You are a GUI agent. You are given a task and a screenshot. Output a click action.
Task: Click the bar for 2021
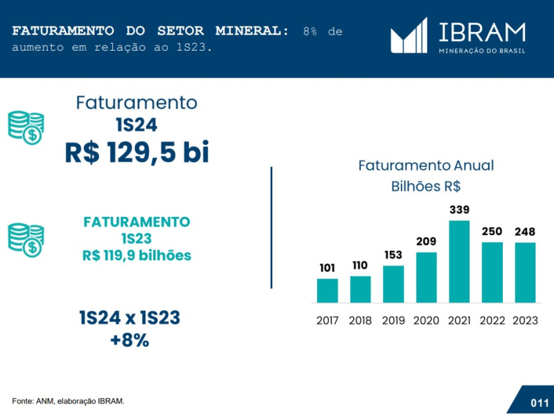459,261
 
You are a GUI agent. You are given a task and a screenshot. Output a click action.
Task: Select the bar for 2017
328,291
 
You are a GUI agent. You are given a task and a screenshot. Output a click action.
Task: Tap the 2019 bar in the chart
393,284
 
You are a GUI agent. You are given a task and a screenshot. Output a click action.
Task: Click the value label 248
524,232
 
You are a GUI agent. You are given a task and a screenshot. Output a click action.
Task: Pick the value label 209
426,241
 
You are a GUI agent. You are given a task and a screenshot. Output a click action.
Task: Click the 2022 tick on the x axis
492,320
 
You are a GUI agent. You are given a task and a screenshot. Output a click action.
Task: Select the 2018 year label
360,320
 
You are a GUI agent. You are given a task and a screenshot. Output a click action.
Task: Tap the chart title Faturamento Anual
426,166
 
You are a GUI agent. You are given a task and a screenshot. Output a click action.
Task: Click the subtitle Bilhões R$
426,186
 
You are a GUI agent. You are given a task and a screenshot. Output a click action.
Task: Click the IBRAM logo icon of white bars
409,37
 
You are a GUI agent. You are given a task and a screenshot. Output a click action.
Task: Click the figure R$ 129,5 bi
136,153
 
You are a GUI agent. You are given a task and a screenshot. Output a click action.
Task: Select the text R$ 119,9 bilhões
136,255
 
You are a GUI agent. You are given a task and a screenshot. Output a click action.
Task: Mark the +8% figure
129,340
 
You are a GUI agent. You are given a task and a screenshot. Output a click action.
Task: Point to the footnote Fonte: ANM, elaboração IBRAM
68,401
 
